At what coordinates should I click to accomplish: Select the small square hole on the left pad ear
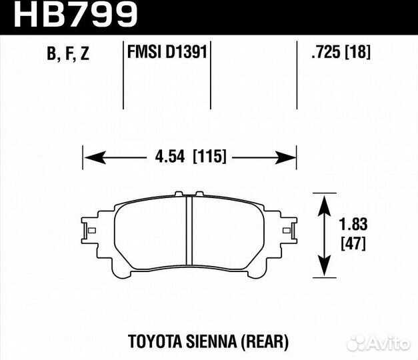tap(91, 231)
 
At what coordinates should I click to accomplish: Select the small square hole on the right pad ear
tap(287, 231)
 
